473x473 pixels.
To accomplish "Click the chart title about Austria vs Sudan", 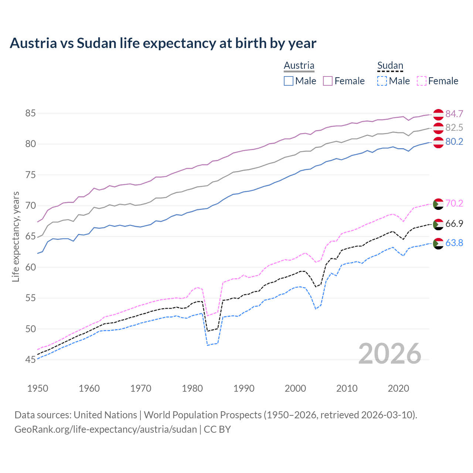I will [163, 43].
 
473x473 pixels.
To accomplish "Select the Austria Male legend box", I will [289, 81].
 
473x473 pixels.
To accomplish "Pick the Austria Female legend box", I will [328, 81].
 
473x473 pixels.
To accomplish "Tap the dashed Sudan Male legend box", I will [382, 81].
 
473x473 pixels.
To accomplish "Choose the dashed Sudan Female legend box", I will [422, 81].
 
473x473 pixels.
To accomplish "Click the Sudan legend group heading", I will [390, 65].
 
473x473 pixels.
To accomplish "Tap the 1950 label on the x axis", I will [38, 388].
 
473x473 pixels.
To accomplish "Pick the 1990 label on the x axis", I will [244, 388].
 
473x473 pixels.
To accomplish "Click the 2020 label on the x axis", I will [398, 388].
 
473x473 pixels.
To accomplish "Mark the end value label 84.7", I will [454, 114].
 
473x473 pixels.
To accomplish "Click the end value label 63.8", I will [454, 243].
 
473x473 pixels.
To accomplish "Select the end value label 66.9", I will [454, 224].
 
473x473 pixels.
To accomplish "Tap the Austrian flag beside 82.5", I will [438, 128].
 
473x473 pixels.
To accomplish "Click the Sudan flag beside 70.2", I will [438, 204].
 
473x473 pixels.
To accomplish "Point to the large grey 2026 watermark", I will [390, 354].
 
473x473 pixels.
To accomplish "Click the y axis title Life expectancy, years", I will [16, 236].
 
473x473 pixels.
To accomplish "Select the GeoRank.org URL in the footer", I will [106, 429].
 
